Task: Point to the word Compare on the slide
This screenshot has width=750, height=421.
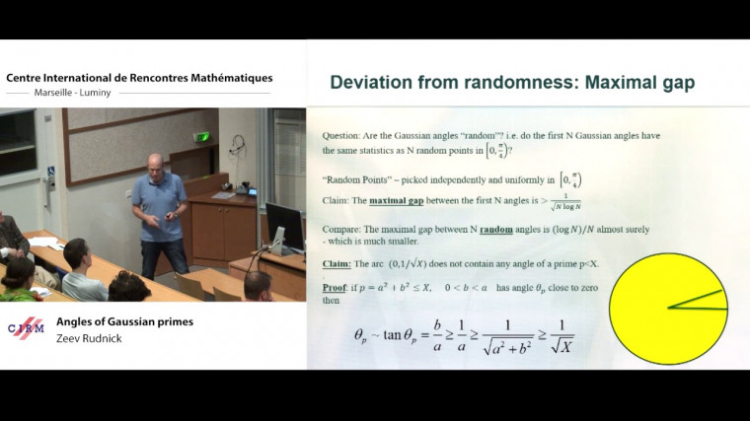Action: pos(344,229)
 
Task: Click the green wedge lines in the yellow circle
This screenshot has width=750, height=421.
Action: pos(697,302)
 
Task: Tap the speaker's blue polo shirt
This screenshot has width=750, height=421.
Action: pos(158,203)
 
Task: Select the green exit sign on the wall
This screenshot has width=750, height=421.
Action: pos(202,137)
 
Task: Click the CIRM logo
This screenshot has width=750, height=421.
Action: pos(26,328)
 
